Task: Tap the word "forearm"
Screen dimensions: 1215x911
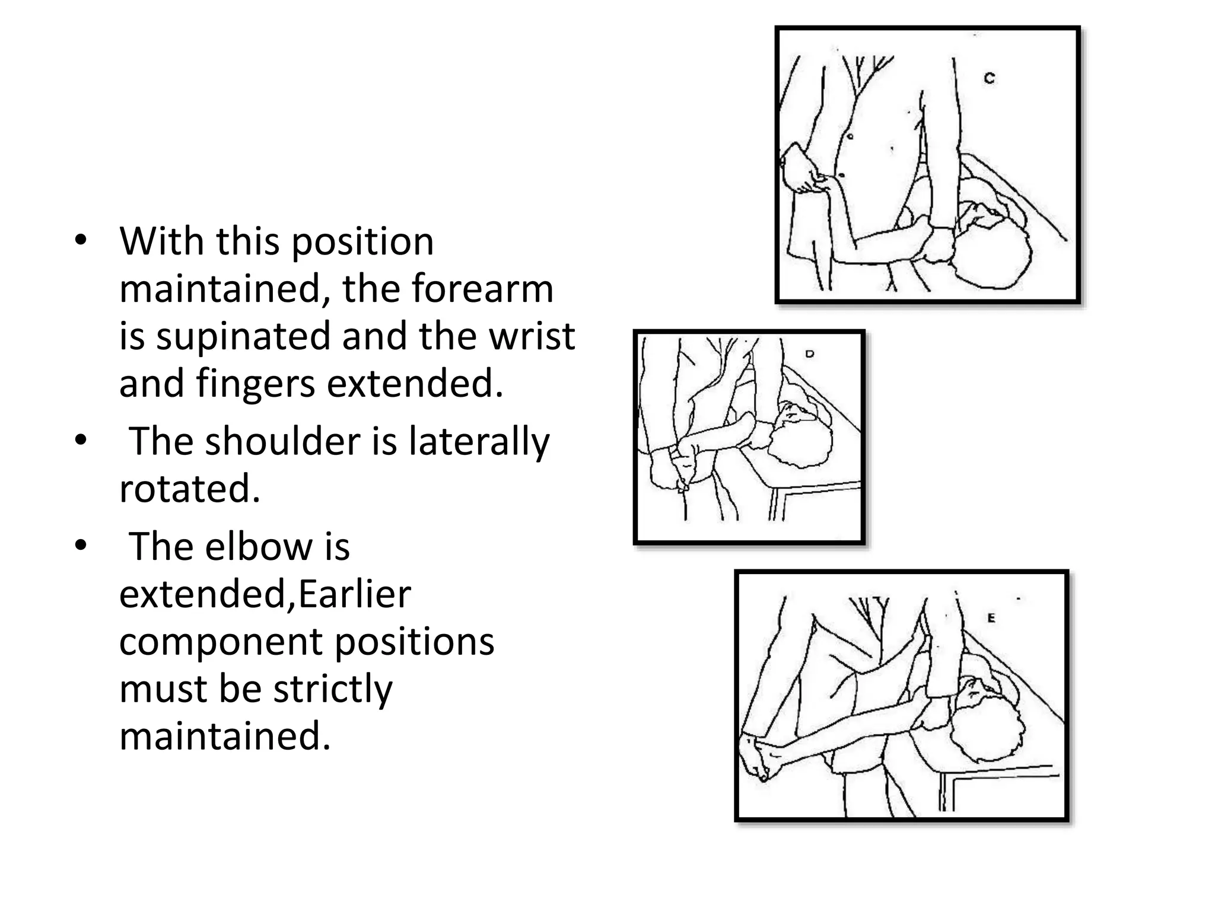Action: click(482, 289)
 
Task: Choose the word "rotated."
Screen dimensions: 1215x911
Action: click(190, 489)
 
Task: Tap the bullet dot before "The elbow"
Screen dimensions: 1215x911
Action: click(81, 546)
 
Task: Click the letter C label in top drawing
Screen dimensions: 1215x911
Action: click(989, 78)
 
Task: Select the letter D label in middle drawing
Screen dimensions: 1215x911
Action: click(810, 354)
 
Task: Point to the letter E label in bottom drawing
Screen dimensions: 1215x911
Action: click(991, 618)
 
